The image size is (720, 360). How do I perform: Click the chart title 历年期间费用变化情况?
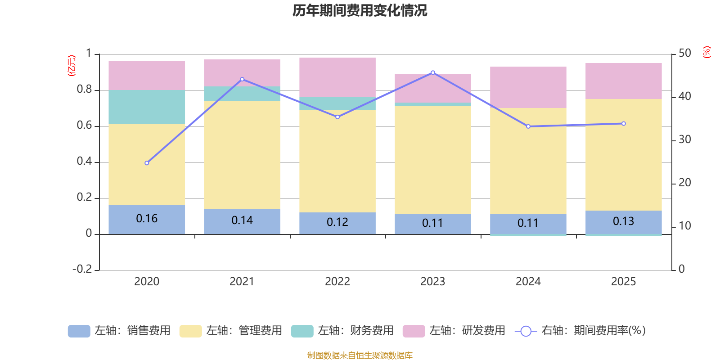[360, 10]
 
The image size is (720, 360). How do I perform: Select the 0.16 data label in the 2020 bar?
[147, 219]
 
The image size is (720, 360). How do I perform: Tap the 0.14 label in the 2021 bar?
[242, 220]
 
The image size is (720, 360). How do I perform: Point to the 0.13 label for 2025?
[623, 221]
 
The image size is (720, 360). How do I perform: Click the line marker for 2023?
[433, 72]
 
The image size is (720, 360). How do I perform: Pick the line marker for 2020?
[147, 163]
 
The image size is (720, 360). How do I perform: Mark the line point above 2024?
[528, 126]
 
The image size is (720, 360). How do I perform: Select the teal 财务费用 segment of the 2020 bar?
[147, 107]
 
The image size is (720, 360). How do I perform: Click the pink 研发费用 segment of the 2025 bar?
[623, 81]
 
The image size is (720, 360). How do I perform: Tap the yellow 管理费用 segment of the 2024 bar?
[528, 161]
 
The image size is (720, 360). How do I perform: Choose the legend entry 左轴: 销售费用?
[119, 331]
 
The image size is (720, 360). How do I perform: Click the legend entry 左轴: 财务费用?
[342, 331]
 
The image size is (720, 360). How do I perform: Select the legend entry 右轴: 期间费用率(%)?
[580, 331]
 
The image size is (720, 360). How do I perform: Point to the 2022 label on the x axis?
[337, 282]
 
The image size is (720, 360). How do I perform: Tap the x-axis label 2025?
[623, 282]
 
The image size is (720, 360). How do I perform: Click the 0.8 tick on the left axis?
[84, 90]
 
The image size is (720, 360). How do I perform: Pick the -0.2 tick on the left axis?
[82, 269]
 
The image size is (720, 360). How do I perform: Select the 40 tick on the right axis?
[684, 96]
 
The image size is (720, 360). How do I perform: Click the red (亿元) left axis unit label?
[71, 66]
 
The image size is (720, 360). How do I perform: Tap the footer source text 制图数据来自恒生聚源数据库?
[360, 355]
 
